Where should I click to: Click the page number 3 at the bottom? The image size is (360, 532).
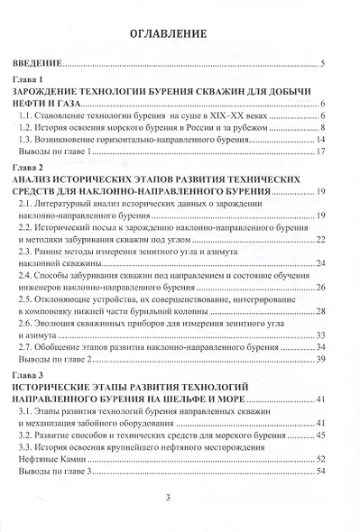tap(168, 499)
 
